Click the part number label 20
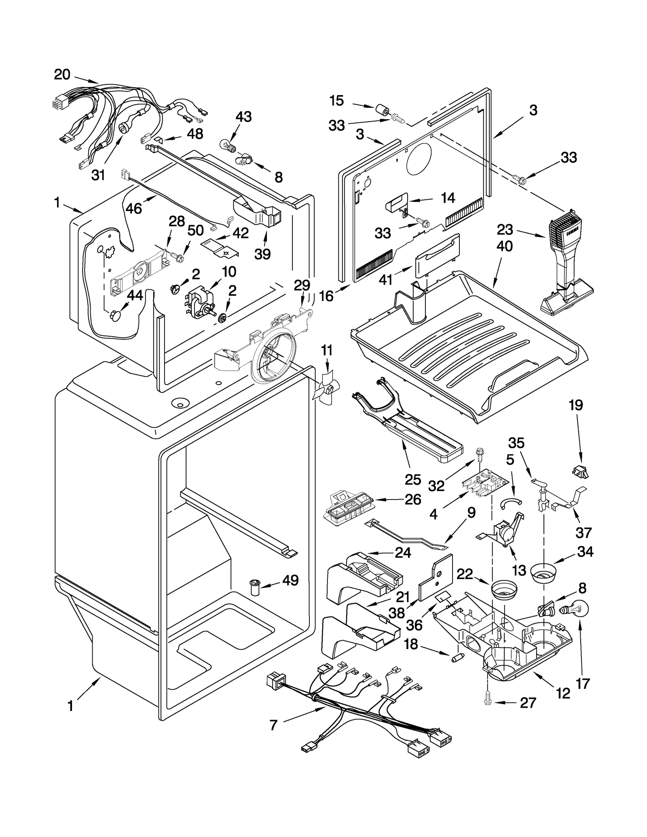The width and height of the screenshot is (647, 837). click(x=62, y=75)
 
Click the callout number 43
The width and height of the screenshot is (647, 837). click(x=243, y=117)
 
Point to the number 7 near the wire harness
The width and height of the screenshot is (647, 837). click(x=273, y=725)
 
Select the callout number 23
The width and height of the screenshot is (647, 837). click(x=505, y=230)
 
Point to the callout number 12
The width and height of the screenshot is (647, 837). click(x=563, y=694)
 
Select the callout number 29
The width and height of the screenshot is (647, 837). click(x=302, y=285)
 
